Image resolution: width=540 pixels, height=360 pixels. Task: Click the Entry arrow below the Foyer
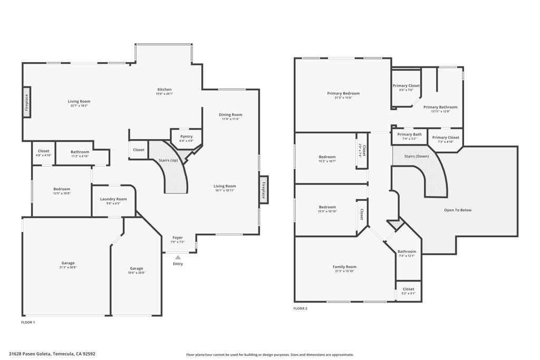[x=178, y=257]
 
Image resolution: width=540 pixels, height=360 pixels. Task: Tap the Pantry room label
[x=186, y=137]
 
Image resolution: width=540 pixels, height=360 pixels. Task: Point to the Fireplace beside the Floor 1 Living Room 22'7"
[x=26, y=103]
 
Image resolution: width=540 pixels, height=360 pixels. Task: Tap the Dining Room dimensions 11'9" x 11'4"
[x=230, y=119]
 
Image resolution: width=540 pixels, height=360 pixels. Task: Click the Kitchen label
[x=164, y=90]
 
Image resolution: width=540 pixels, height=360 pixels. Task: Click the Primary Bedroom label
[x=343, y=93]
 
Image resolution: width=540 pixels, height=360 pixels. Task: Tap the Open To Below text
[x=458, y=210]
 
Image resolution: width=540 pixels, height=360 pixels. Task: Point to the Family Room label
[x=344, y=267]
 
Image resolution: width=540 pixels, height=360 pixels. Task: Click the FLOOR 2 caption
[x=300, y=308]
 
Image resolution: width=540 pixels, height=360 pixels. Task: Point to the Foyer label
[x=178, y=238]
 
